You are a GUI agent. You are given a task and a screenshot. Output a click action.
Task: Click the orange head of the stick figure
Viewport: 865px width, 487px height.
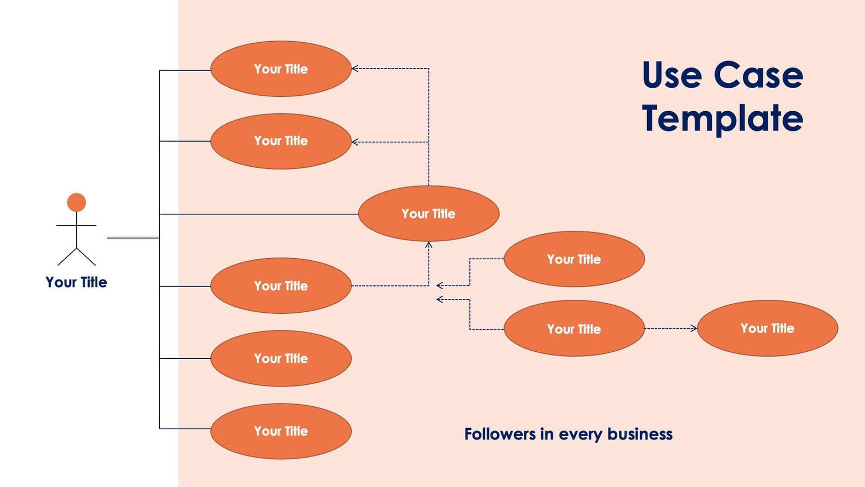point(76,202)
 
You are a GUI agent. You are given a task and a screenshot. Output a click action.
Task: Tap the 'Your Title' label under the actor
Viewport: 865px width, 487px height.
point(76,282)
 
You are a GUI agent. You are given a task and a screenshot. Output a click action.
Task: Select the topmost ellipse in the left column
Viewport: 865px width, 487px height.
point(281,69)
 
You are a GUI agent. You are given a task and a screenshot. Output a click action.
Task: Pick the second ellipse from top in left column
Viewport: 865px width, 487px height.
point(281,141)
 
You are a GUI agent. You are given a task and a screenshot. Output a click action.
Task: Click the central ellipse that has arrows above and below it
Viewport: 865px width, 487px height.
point(428,214)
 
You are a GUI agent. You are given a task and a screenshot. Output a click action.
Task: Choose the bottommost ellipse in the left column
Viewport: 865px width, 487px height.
point(281,431)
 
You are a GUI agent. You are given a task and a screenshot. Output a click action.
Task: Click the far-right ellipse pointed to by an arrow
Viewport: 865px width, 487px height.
point(767,328)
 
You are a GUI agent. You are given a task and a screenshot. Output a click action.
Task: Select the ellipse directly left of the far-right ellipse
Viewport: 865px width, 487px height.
point(574,329)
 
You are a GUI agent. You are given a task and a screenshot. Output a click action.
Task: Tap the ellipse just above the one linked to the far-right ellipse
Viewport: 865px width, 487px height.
point(574,259)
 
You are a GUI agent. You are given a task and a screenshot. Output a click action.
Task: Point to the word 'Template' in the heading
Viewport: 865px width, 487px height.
point(722,119)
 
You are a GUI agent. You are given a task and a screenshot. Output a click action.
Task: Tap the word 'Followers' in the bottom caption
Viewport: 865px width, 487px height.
point(499,434)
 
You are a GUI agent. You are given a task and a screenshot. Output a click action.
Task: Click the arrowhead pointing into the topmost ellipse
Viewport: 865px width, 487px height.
point(355,68)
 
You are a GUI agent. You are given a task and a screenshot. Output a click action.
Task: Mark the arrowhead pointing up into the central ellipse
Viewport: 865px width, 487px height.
point(428,245)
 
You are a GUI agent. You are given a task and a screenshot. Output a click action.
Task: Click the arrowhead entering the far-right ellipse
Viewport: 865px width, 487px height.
point(694,328)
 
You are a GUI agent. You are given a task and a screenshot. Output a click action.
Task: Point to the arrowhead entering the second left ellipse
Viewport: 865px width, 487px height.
point(355,142)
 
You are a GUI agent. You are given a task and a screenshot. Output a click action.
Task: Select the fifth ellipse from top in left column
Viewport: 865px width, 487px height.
point(281,359)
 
